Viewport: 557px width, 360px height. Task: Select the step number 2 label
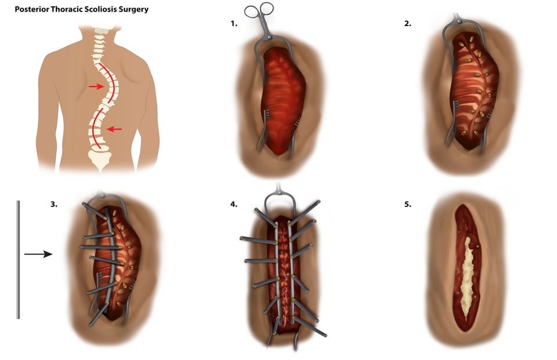408,24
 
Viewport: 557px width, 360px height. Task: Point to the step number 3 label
53,204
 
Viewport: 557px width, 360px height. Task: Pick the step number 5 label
408,204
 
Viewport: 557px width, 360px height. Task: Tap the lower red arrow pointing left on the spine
114,129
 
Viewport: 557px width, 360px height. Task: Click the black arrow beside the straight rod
38,254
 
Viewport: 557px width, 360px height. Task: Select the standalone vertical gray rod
18,259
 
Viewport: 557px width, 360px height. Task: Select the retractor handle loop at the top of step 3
107,197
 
